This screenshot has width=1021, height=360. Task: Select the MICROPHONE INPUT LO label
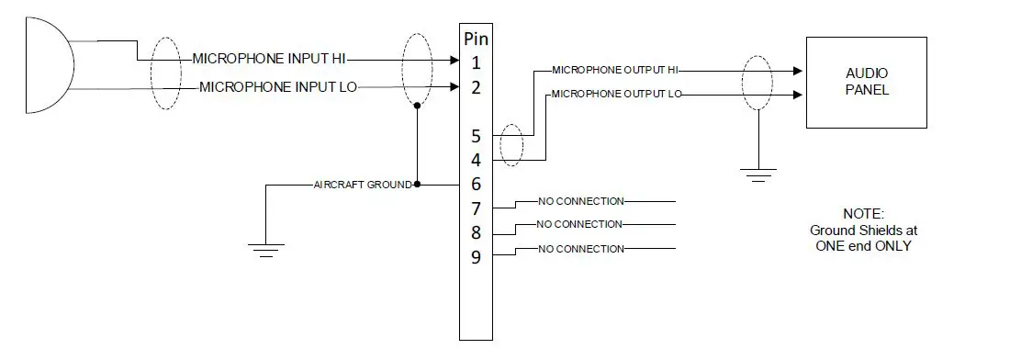[x=278, y=87]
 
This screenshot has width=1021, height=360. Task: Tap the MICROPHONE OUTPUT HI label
[x=614, y=70]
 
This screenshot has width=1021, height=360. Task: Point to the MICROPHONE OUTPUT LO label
[x=616, y=94]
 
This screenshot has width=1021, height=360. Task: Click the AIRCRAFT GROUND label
[x=363, y=185]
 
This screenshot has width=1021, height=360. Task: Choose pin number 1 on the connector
[x=476, y=62]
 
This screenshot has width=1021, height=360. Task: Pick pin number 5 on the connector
[x=476, y=136]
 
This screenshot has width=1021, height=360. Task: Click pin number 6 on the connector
[x=476, y=185]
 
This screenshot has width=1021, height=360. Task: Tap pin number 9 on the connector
[x=476, y=257]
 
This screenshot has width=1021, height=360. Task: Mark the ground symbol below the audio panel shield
[x=757, y=174]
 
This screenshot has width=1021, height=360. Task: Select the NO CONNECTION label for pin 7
[x=580, y=201]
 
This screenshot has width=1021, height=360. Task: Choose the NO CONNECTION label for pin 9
[x=580, y=249]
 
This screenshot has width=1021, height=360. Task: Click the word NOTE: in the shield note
[x=862, y=213]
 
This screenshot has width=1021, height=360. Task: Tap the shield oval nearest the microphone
[x=165, y=73]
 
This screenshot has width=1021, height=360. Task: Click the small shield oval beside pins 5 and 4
[x=511, y=146]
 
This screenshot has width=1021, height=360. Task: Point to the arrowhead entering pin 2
[x=454, y=87]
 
